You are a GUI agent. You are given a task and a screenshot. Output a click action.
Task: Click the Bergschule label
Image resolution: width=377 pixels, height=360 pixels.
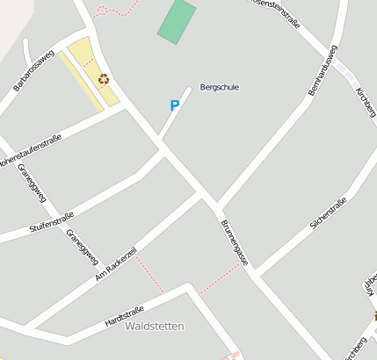click(x=220, y=87)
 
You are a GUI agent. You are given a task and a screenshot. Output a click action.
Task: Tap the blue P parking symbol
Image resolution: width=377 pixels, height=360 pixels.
click(x=174, y=105)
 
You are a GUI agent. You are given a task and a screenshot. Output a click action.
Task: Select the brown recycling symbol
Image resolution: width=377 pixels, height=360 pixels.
click(x=104, y=79)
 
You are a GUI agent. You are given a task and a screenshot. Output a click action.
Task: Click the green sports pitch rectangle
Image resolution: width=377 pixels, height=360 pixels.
click(x=178, y=20)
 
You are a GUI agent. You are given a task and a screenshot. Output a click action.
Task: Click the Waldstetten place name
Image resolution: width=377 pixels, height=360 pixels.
click(x=155, y=326)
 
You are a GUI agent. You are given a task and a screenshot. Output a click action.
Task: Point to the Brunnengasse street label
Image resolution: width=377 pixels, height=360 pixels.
click(x=235, y=241)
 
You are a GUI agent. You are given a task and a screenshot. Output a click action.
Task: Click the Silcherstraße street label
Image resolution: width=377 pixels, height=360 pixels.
click(x=329, y=213)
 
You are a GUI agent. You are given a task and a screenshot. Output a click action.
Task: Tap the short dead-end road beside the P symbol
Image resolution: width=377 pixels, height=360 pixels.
click(x=175, y=112)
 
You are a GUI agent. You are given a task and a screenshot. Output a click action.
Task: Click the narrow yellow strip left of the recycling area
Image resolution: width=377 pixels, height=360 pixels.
click(x=81, y=80)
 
